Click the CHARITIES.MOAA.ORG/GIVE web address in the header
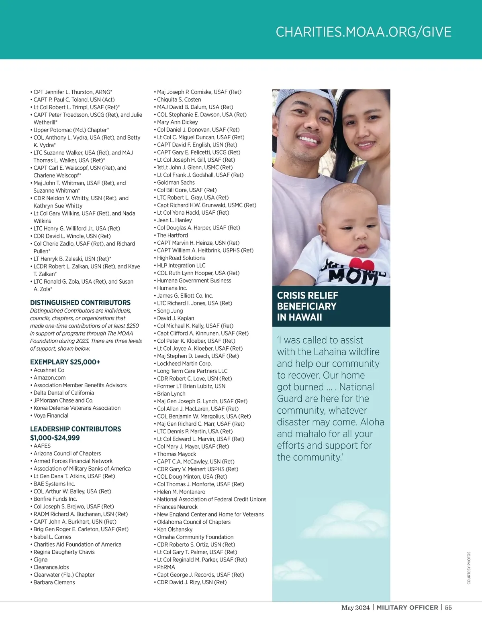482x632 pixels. click(364, 32)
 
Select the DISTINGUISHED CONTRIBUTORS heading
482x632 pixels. click(80, 303)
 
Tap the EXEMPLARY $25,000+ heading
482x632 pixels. click(65, 362)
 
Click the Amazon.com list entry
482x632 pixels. click(49, 378)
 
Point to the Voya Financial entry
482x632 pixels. click(51, 416)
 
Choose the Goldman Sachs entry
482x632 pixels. click(176, 183)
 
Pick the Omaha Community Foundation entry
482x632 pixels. click(195, 537)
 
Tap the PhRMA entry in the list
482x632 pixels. click(166, 567)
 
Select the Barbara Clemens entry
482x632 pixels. click(54, 582)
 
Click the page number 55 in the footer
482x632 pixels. click(448, 608)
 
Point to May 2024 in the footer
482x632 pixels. click(355, 608)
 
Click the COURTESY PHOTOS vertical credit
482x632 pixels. click(469, 568)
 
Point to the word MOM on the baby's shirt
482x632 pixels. click(345, 276)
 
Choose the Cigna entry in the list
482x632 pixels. click(41, 559)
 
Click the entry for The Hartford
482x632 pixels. click(172, 235)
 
